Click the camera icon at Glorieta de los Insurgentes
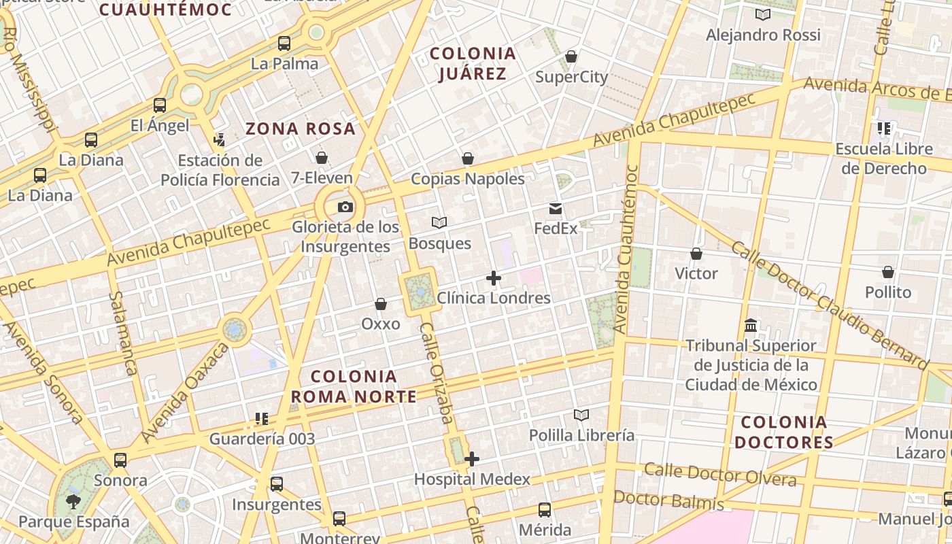(x=345, y=207)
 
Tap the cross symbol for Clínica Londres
(x=494, y=278)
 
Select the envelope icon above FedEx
(x=556, y=209)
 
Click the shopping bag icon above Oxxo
(x=381, y=304)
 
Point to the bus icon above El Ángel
(x=160, y=105)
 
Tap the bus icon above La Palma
(x=284, y=44)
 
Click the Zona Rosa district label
(x=301, y=129)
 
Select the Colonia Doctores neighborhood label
(x=783, y=432)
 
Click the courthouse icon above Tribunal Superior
(x=751, y=325)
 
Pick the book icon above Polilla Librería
(x=581, y=415)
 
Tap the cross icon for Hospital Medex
(x=472, y=460)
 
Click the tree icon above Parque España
(x=73, y=502)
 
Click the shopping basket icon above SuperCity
(x=571, y=56)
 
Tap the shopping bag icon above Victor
(x=696, y=254)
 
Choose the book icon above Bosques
(x=439, y=222)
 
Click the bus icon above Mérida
(x=545, y=509)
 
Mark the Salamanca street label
(x=123, y=333)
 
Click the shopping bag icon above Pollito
(x=888, y=272)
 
